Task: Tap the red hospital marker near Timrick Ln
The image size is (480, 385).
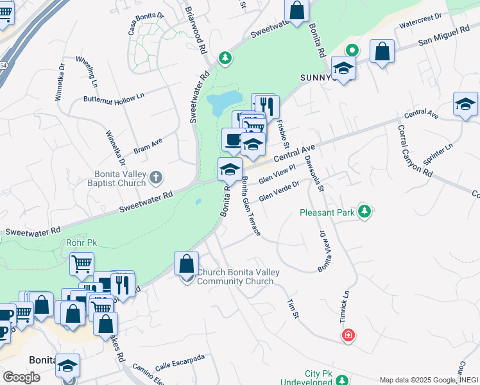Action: [x=348, y=335]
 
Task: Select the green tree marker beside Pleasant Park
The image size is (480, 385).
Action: [x=364, y=211]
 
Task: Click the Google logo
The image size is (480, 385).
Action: [x=22, y=377]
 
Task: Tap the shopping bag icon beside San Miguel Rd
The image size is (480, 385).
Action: [x=382, y=53]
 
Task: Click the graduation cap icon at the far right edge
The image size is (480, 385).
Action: [x=465, y=105]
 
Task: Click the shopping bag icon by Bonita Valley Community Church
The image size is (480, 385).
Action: [x=186, y=264]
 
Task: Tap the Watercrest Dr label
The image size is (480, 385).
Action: [x=420, y=16]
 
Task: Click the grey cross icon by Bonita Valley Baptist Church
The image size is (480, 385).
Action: [x=155, y=176]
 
